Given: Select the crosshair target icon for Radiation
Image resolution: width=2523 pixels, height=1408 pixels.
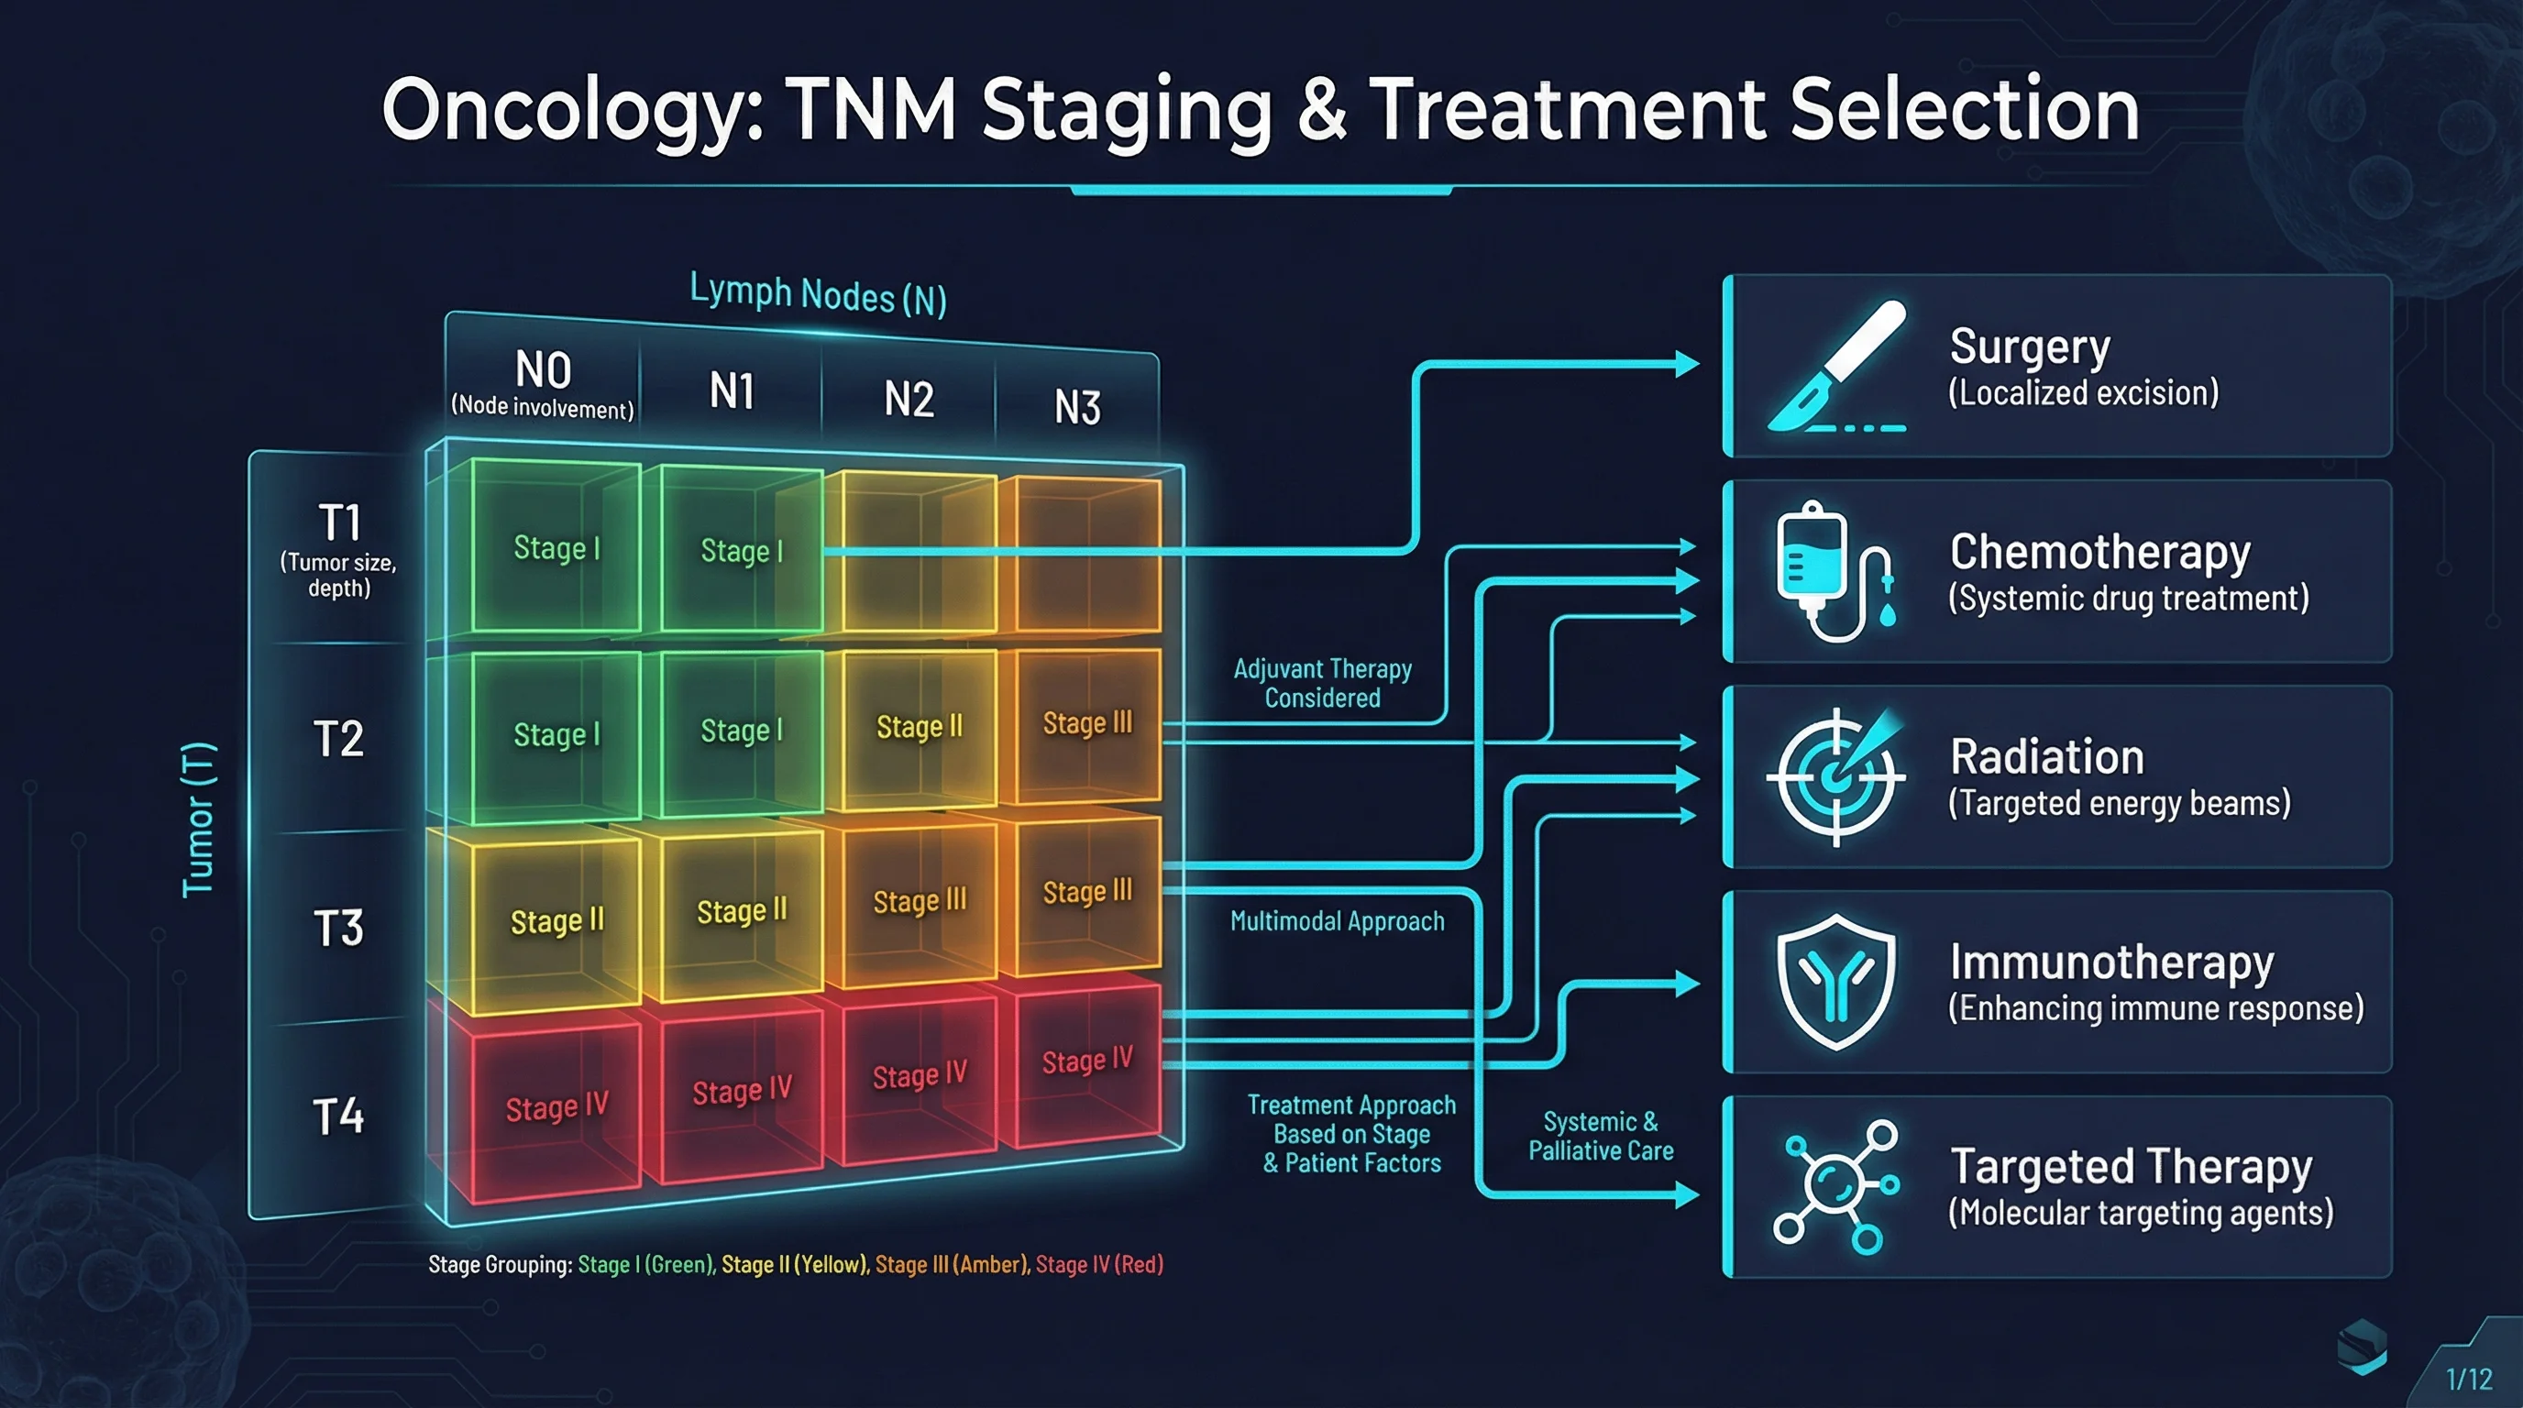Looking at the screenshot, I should pyautogui.click(x=1836, y=776).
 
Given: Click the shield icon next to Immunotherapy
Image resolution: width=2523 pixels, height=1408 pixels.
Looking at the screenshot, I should pyautogui.click(x=1836, y=981).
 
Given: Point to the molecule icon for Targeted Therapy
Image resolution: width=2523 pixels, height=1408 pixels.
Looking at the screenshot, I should pyautogui.click(x=1836, y=1186).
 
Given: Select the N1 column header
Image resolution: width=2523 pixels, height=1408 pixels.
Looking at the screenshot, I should pyautogui.click(x=732, y=390).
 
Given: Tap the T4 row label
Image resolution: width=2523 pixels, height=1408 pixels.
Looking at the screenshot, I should pyautogui.click(x=338, y=1116).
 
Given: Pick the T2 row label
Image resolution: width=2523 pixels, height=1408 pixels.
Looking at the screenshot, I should pyautogui.click(x=338, y=738).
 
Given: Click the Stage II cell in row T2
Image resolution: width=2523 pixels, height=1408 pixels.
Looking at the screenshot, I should pyautogui.click(x=919, y=727).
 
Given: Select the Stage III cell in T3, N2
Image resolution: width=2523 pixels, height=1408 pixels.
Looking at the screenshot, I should pyautogui.click(x=919, y=901).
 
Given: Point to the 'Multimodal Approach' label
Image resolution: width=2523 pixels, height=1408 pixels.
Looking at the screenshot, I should pyautogui.click(x=1337, y=921).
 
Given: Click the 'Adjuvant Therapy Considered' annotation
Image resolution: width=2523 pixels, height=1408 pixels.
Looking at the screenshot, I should pyautogui.click(x=1322, y=684).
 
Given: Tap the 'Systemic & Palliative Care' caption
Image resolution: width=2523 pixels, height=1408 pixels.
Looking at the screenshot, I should pyautogui.click(x=1601, y=1136).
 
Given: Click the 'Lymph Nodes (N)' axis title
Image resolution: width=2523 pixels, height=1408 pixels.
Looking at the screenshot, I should pyautogui.click(x=818, y=293).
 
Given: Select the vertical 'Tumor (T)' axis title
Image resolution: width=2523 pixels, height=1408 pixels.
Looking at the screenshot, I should pyautogui.click(x=199, y=819).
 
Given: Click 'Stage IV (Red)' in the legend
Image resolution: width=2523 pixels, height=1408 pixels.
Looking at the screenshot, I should pyautogui.click(x=1099, y=1264).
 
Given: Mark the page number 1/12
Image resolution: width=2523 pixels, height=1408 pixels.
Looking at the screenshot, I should pyautogui.click(x=2468, y=1380).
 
